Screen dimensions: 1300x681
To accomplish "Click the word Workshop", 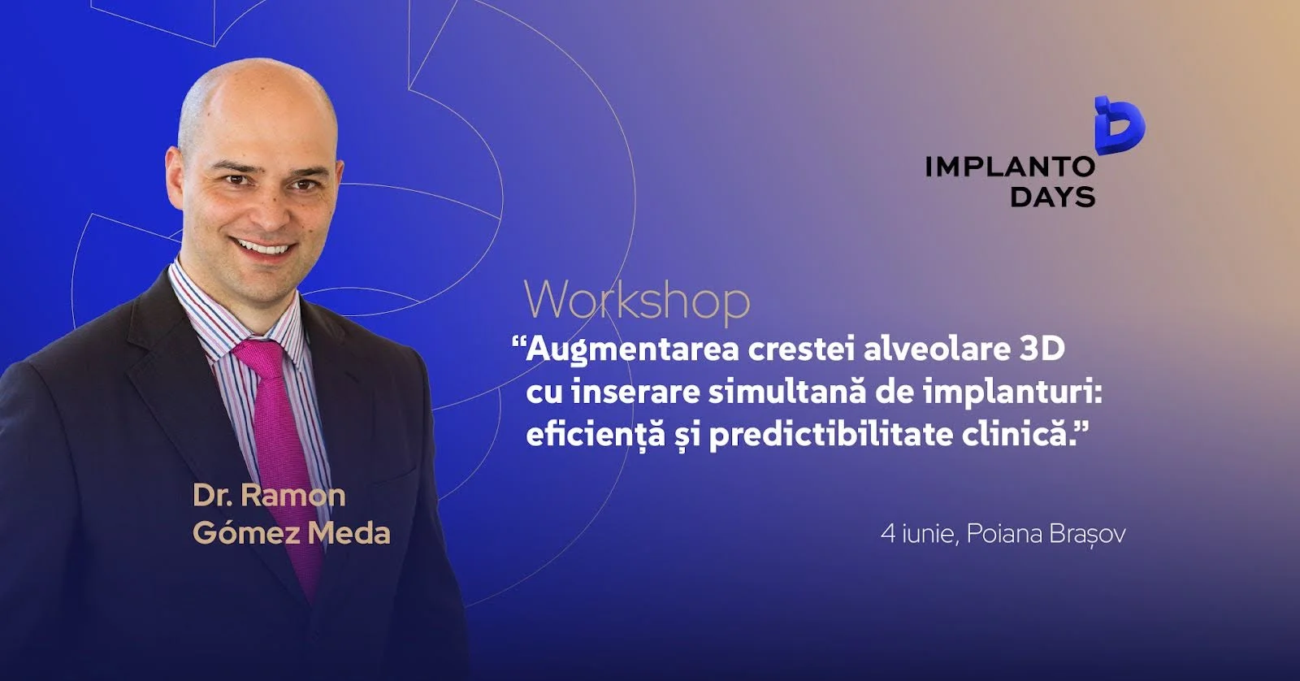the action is tap(637, 301).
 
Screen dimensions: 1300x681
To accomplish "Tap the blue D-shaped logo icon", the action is tap(1120, 126).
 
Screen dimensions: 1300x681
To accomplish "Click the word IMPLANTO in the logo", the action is tap(1010, 167).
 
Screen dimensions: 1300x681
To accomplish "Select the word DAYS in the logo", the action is tap(1052, 197).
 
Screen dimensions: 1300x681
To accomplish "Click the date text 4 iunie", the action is tap(917, 534).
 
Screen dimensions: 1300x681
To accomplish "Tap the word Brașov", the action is tap(1087, 535).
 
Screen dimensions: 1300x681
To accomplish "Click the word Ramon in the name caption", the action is tap(293, 495).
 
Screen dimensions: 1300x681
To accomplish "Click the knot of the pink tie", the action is tap(259, 355).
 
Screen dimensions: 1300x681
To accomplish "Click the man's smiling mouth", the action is tap(264, 247).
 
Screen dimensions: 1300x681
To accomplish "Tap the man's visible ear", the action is tap(174, 178).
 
